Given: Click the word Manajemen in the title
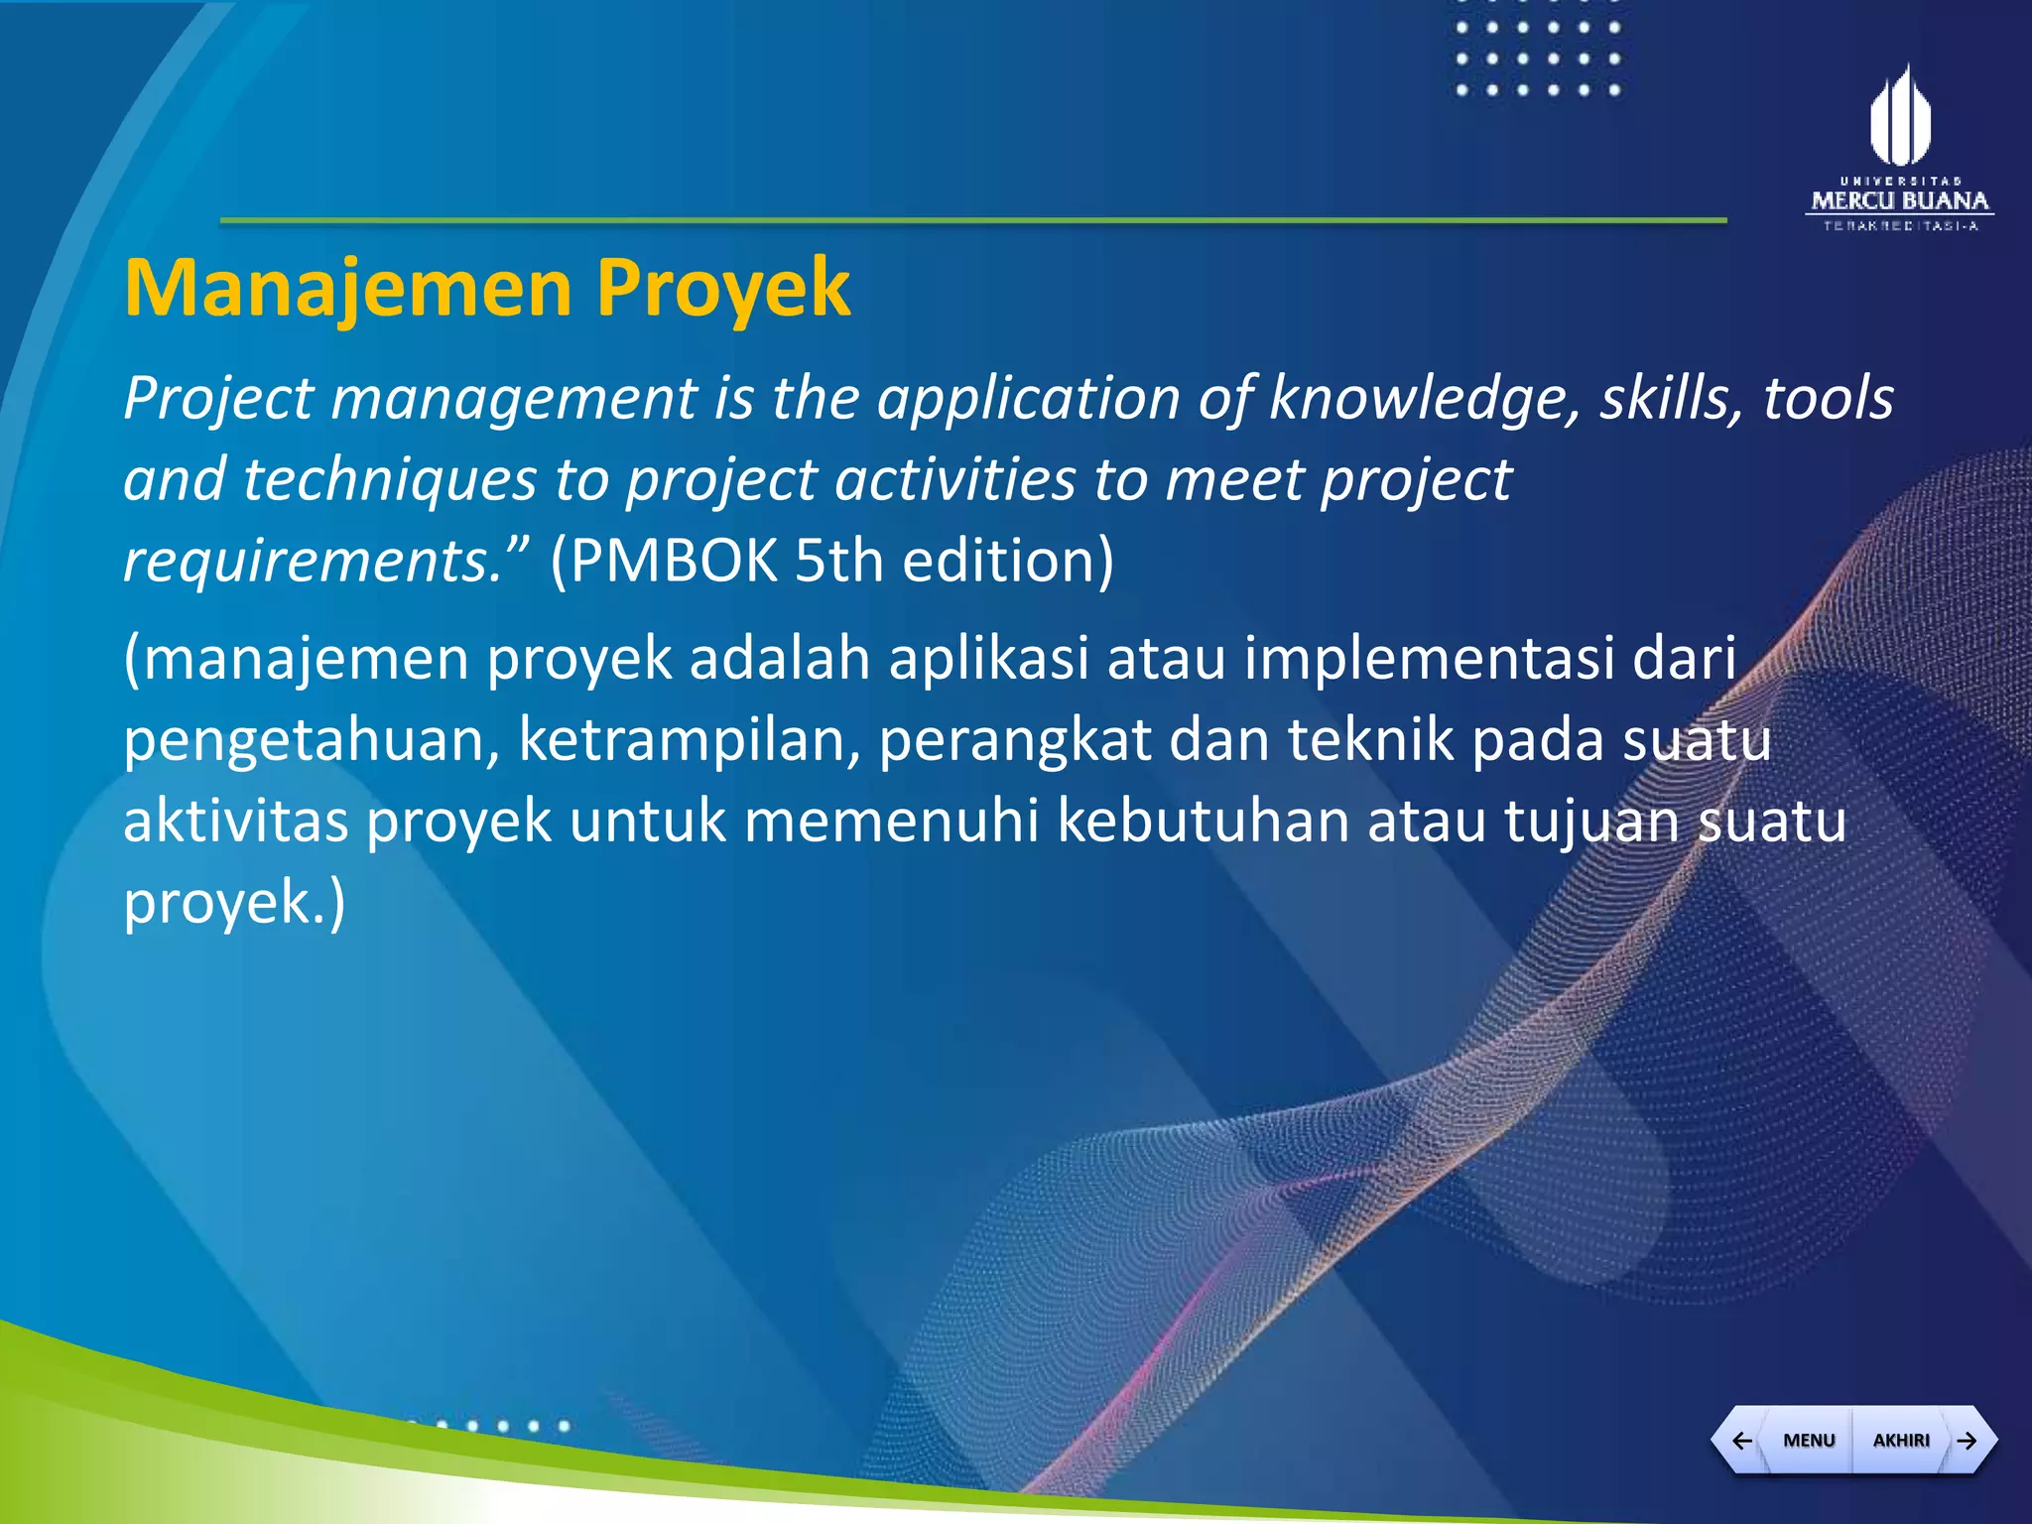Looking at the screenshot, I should click(x=347, y=288).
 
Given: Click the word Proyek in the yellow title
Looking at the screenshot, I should click(x=722, y=288).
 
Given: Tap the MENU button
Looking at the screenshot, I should click(x=1809, y=1440).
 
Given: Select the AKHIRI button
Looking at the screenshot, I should click(x=1901, y=1440).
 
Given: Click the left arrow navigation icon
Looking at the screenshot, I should click(x=1741, y=1440).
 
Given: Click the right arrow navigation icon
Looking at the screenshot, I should click(x=1968, y=1440).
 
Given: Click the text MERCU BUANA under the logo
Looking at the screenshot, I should click(x=1899, y=201).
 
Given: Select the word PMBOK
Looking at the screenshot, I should click(x=664, y=561).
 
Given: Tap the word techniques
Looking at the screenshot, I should click(x=389, y=480).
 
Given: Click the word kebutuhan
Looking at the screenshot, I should click(x=1203, y=822).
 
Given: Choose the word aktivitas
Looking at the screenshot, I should click(x=236, y=822).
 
